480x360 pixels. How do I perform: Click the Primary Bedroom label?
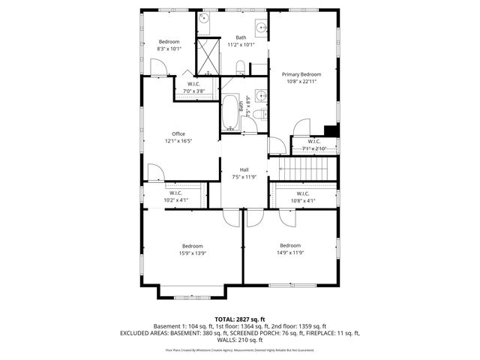click(301, 74)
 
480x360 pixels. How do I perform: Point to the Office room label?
click(178, 134)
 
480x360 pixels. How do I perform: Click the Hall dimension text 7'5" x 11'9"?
click(244, 177)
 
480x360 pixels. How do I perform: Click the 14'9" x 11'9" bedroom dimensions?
click(289, 253)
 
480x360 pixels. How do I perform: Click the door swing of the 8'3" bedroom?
click(160, 69)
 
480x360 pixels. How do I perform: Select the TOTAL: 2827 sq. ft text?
click(240, 319)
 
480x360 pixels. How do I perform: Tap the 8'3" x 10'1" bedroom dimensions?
click(169, 49)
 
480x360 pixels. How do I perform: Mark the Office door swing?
click(155, 175)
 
